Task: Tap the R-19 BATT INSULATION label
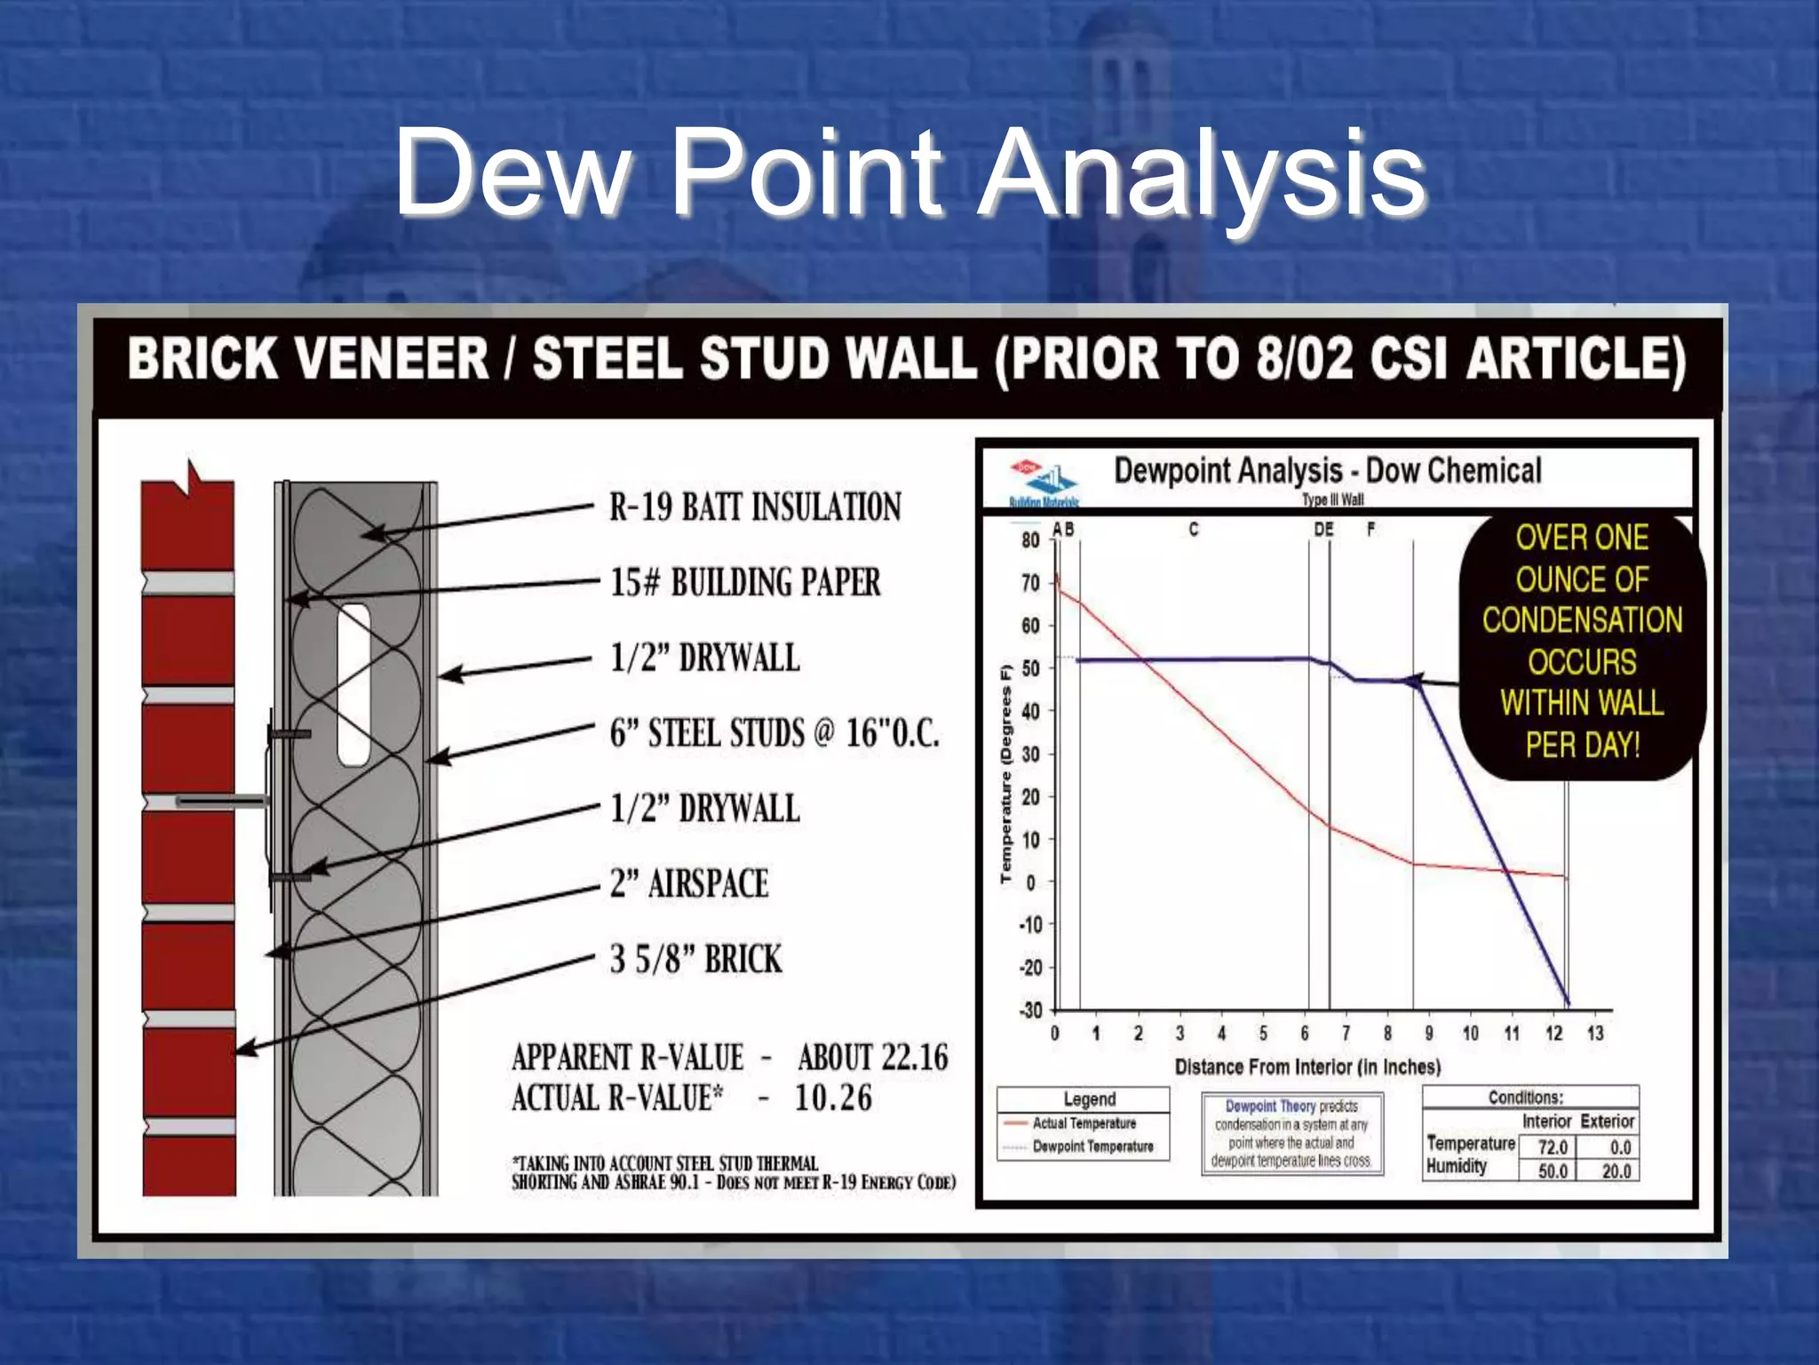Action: [x=755, y=507]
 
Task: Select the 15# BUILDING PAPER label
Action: [x=745, y=583]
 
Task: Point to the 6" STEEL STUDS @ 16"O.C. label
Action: [x=774, y=734]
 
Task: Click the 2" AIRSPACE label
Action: [x=689, y=884]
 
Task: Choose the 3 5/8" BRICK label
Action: [x=695, y=960]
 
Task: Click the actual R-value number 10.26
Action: [x=833, y=1098]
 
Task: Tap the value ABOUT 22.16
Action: [x=872, y=1058]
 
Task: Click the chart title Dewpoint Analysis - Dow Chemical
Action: [x=1327, y=471]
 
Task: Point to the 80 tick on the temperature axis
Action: [x=1030, y=540]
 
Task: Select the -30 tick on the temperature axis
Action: [x=1029, y=1010]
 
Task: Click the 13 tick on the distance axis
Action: [x=1595, y=1034]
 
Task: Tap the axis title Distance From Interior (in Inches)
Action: [x=1307, y=1066]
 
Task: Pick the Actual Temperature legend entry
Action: [x=1084, y=1124]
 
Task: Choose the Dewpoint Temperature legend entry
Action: [x=1092, y=1147]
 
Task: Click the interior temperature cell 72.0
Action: [x=1552, y=1147]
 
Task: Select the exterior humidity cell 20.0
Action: [x=1616, y=1171]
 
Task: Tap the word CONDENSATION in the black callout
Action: [x=1582, y=620]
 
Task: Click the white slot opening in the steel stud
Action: [x=353, y=684]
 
